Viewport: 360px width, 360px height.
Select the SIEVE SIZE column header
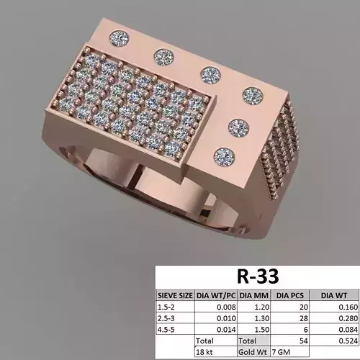click(175, 294)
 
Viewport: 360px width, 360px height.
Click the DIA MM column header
click(254, 294)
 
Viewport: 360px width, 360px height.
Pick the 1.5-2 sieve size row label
click(167, 306)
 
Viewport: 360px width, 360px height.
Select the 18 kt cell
click(206, 352)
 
